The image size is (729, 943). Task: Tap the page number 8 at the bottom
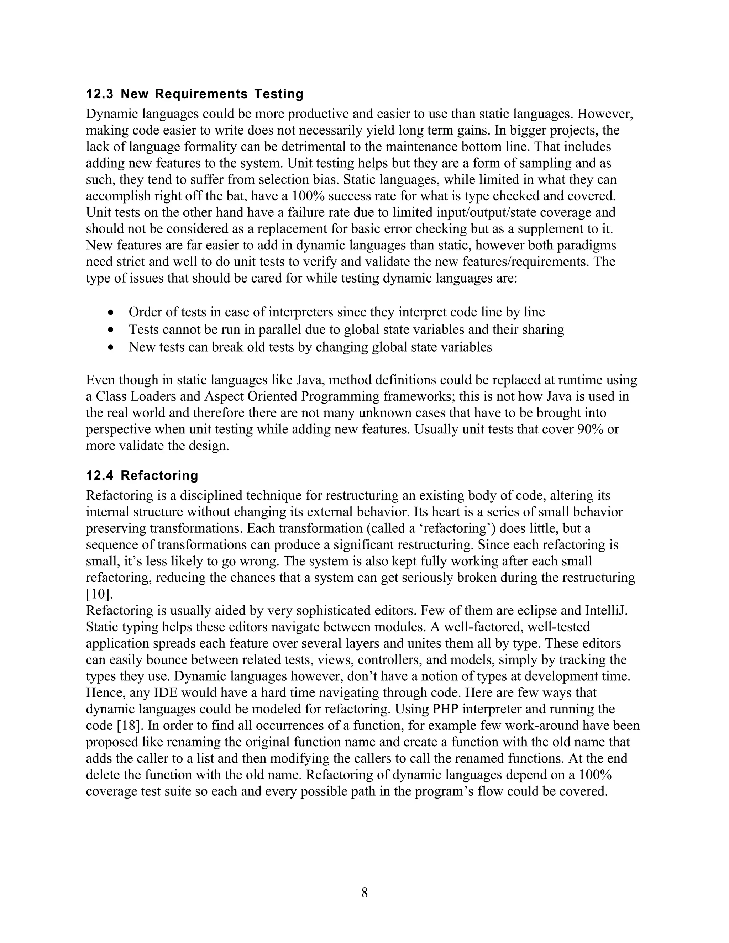(364, 892)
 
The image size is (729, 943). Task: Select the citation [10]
(99, 594)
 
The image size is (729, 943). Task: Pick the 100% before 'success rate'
(308, 196)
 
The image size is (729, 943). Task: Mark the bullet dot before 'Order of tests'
(112, 312)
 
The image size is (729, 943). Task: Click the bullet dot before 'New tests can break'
(112, 347)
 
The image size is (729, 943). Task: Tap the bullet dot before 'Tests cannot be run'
(112, 330)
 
